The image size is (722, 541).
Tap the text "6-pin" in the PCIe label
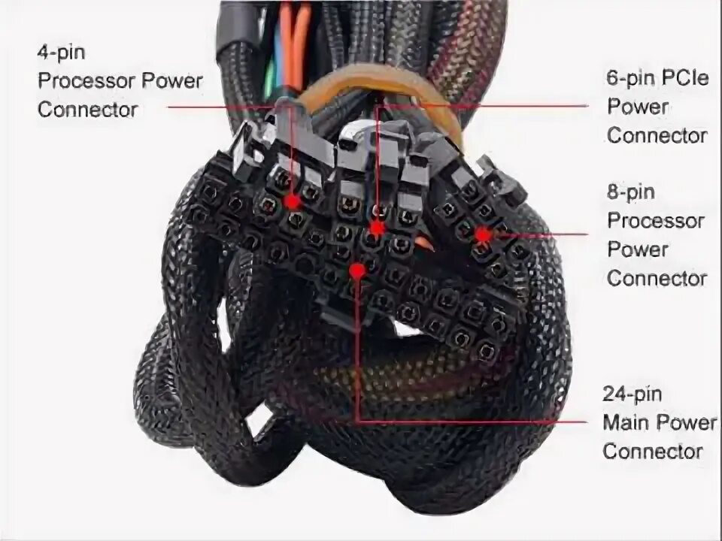pos(628,77)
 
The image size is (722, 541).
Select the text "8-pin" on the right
pos(630,192)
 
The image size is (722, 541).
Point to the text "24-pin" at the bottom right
pos(631,394)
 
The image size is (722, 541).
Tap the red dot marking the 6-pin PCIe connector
pos(377,226)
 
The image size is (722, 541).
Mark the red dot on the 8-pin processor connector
pos(482,234)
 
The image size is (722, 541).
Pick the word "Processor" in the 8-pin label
pos(656,221)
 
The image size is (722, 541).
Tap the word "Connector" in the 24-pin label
pos(652,451)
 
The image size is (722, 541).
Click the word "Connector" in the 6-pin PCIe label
pos(657,135)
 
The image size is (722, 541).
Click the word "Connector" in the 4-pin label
pos(87,109)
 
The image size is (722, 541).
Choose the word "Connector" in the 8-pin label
pos(657,278)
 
